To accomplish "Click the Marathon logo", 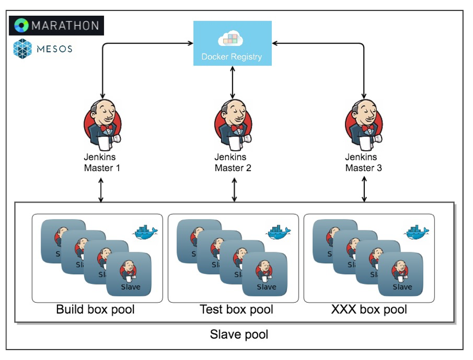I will point(57,25).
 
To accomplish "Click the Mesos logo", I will point(43,49).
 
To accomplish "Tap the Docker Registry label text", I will point(232,56).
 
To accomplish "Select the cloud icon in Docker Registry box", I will point(230,39).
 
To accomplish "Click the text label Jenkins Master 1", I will point(102,163).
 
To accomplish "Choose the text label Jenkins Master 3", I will point(364,163).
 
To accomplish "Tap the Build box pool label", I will point(96,310).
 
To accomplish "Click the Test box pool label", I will point(236,310).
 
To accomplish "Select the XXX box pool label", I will point(369,310).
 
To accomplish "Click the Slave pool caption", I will point(239,334).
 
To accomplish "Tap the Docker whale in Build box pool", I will point(145,232).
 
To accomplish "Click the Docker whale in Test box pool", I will point(279,232).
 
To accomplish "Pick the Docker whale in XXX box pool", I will point(417,232).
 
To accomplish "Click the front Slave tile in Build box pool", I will point(129,274).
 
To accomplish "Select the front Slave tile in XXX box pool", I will point(401,274).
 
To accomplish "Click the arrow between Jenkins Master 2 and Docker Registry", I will point(233,82).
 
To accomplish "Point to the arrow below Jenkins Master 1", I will point(101,190).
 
